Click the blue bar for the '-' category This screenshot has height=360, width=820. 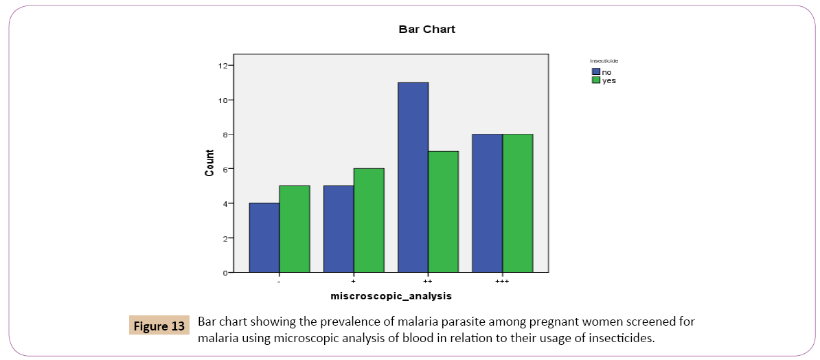[264, 238]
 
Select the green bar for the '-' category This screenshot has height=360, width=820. [295, 229]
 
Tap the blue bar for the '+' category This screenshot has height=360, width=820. [339, 229]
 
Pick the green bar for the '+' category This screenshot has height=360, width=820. [369, 221]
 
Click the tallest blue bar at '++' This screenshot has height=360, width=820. [413, 177]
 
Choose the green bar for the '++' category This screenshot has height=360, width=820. [444, 212]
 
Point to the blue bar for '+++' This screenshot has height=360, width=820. [488, 203]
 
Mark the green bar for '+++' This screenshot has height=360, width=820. [518, 203]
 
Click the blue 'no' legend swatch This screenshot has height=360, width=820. [596, 71]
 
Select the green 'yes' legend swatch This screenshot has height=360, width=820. [596, 80]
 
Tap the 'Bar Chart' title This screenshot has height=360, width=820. [427, 30]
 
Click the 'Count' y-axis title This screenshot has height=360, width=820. [209, 165]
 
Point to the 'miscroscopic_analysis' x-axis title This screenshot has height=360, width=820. [391, 297]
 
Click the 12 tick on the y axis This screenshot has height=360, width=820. [223, 66]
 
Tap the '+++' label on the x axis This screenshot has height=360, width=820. [503, 282]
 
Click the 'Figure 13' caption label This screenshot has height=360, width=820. [159, 326]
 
